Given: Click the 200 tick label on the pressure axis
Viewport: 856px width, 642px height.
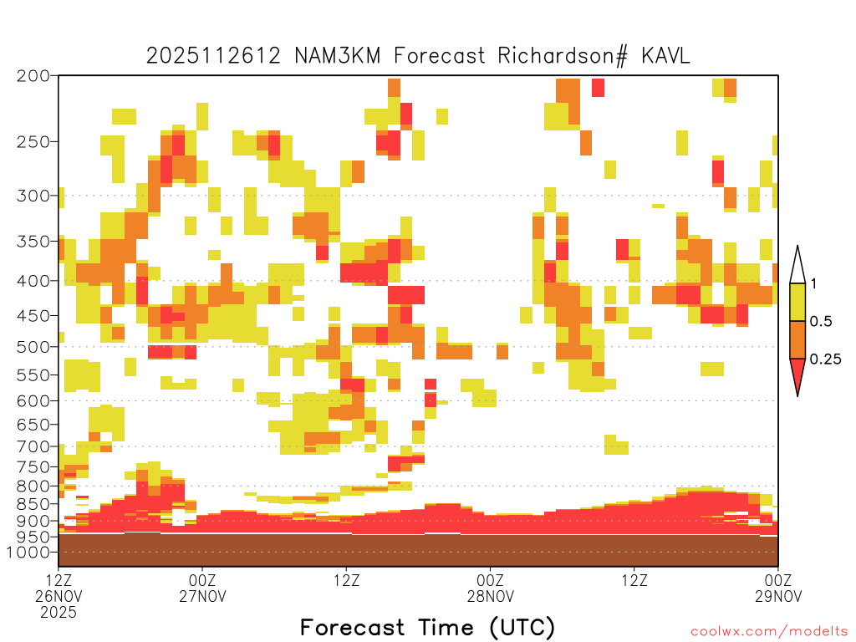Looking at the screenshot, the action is click(x=33, y=76).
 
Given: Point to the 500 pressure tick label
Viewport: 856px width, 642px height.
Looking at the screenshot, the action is click(x=33, y=347).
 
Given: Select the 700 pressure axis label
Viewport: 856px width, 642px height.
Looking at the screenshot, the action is click(x=33, y=447).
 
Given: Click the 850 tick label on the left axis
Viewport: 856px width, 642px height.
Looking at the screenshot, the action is click(x=33, y=504).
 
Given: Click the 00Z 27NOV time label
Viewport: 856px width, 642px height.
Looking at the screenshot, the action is click(x=202, y=588).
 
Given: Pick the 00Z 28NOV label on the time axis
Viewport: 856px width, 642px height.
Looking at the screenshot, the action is click(x=490, y=588).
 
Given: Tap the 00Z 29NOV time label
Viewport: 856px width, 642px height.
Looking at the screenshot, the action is click(x=778, y=588).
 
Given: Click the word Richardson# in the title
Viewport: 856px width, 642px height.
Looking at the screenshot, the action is click(x=563, y=56).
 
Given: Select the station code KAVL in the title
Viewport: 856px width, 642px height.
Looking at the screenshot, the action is click(x=665, y=56).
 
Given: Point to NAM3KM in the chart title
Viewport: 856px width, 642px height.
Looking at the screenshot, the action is click(x=338, y=56).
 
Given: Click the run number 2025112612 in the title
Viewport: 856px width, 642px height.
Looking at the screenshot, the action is click(x=213, y=56).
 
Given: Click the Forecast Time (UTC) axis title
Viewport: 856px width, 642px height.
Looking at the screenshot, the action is click(x=427, y=628).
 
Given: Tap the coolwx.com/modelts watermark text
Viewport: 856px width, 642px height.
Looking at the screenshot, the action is click(x=770, y=632).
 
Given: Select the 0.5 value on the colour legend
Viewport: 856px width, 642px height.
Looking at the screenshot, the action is click(x=821, y=322).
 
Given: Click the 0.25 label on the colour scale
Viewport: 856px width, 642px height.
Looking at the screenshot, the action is click(x=825, y=359).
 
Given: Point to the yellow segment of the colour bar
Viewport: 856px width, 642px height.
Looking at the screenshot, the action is click(x=797, y=302).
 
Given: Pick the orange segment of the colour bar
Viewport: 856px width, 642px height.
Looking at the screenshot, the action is click(x=797, y=339).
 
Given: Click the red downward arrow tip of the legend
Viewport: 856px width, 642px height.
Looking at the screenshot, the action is click(x=797, y=395).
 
